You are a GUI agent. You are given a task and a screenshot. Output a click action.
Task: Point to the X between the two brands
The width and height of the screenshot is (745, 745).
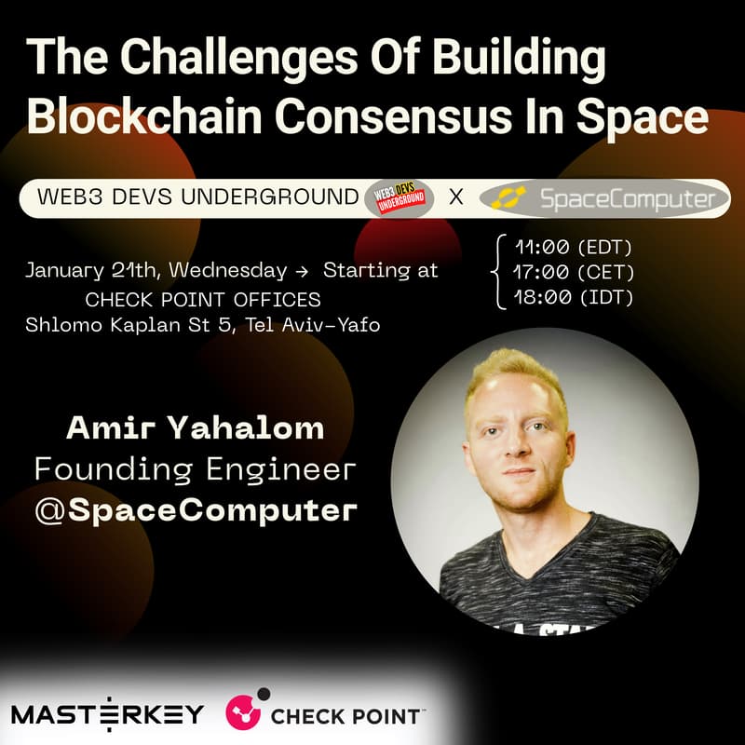pyautogui.click(x=456, y=197)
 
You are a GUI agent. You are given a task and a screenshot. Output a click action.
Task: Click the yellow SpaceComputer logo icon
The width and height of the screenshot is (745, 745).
pyautogui.click(x=510, y=197)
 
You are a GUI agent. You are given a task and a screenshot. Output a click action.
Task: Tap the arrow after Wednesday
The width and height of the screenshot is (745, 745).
pyautogui.click(x=301, y=272)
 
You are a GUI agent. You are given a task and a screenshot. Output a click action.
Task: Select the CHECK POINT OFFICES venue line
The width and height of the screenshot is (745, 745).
pyautogui.click(x=203, y=300)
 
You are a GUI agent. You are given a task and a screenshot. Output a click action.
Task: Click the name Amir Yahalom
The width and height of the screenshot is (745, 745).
pyautogui.click(x=195, y=428)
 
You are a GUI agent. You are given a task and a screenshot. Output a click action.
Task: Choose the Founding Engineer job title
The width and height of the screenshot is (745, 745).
pyautogui.click(x=195, y=468)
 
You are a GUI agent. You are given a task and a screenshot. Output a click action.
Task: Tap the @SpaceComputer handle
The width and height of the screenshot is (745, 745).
pyautogui.click(x=195, y=509)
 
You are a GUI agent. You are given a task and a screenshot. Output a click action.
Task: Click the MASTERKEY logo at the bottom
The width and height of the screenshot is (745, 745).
pyautogui.click(x=107, y=714)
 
